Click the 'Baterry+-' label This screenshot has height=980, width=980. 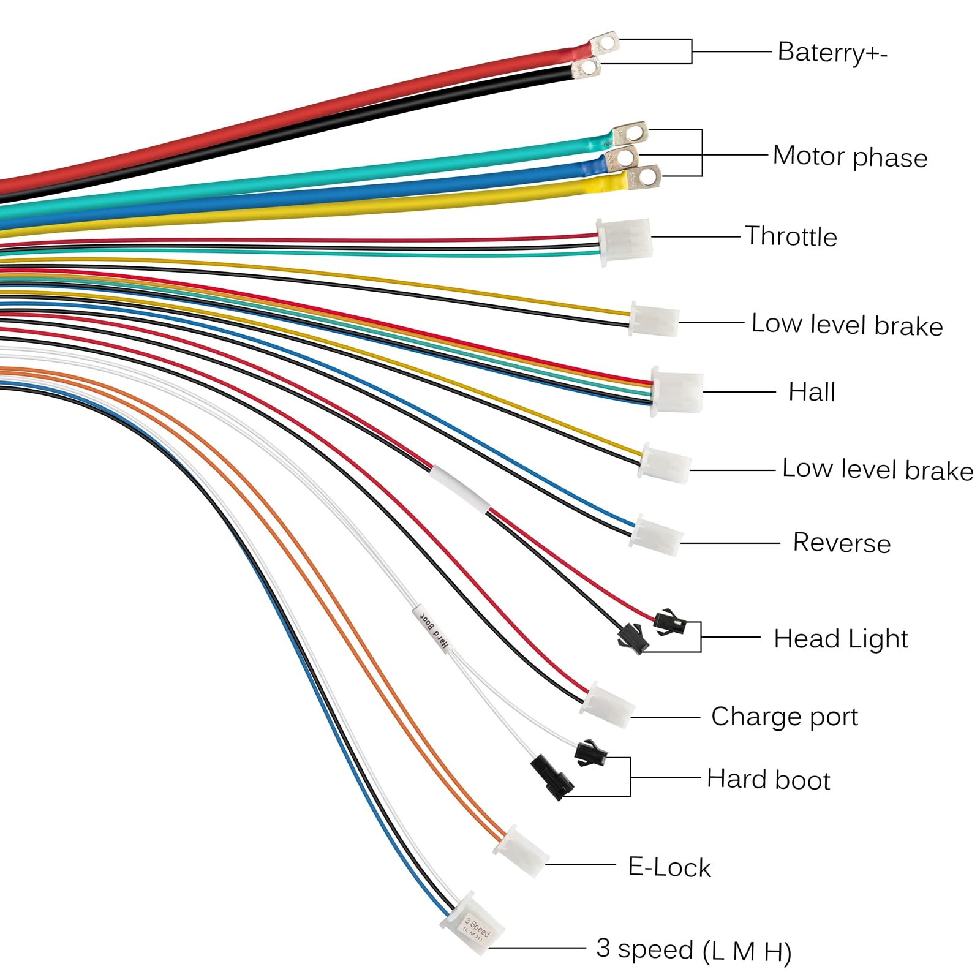pyautogui.click(x=832, y=53)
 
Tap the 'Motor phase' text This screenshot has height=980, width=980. pyautogui.click(x=850, y=157)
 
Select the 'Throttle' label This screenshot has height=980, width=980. pyautogui.click(x=791, y=236)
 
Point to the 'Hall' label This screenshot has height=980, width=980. pyautogui.click(x=812, y=392)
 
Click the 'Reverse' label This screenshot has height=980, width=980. pyautogui.click(x=842, y=543)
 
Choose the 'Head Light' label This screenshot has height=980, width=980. pyautogui.click(x=840, y=639)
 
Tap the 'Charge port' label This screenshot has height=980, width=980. pyautogui.click(x=784, y=717)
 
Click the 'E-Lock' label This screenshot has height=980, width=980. pyautogui.click(x=669, y=867)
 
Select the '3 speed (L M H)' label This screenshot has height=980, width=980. pyautogui.click(x=693, y=950)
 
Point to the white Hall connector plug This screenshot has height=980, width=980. pyautogui.click(x=677, y=392)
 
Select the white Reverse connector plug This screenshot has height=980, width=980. pyautogui.click(x=657, y=535)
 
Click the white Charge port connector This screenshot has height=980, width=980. pyautogui.click(x=608, y=705)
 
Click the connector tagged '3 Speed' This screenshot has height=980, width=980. pyautogui.click(x=472, y=931)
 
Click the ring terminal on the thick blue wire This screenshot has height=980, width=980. pyautogui.click(x=622, y=157)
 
